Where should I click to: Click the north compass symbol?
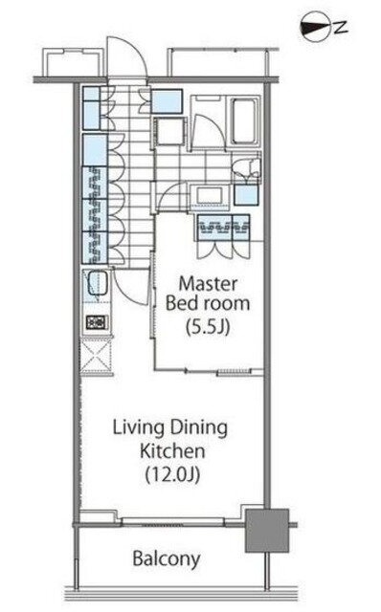(x=316, y=27)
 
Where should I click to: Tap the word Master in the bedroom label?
(x=208, y=283)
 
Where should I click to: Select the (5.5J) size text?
(x=208, y=327)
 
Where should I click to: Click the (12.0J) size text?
(x=172, y=474)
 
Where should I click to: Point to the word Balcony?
(x=167, y=558)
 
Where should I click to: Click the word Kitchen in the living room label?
(x=172, y=451)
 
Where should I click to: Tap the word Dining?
(x=198, y=428)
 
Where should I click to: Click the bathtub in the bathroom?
(x=244, y=121)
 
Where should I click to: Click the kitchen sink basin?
(x=98, y=283)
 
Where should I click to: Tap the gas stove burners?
(x=97, y=322)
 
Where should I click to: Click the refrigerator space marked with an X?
(x=96, y=357)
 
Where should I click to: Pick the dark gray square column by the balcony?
(x=267, y=530)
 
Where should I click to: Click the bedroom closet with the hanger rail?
(x=223, y=228)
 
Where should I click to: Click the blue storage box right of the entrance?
(x=167, y=101)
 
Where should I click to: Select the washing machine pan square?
(x=169, y=131)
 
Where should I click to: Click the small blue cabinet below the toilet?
(x=246, y=195)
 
